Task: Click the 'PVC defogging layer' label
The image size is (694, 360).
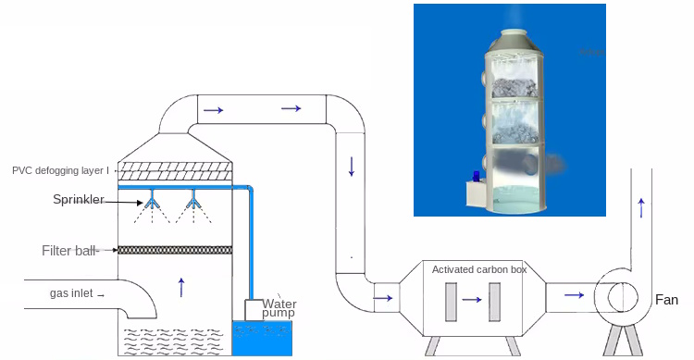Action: pyautogui.click(x=60, y=170)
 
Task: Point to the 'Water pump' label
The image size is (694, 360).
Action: pyautogui.click(x=278, y=308)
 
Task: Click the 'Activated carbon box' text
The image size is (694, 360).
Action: pyautogui.click(x=478, y=269)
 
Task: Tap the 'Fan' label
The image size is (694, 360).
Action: pyautogui.click(x=666, y=300)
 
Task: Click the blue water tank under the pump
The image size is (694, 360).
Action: pyautogui.click(x=264, y=338)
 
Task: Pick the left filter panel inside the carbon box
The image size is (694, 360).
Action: pyautogui.click(x=451, y=299)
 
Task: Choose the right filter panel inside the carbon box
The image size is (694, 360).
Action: pyautogui.click(x=495, y=299)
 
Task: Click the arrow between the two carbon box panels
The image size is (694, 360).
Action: pyautogui.click(x=473, y=300)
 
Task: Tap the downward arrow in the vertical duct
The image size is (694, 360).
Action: pyautogui.click(x=352, y=167)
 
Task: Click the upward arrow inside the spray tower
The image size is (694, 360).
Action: pyautogui.click(x=181, y=286)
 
